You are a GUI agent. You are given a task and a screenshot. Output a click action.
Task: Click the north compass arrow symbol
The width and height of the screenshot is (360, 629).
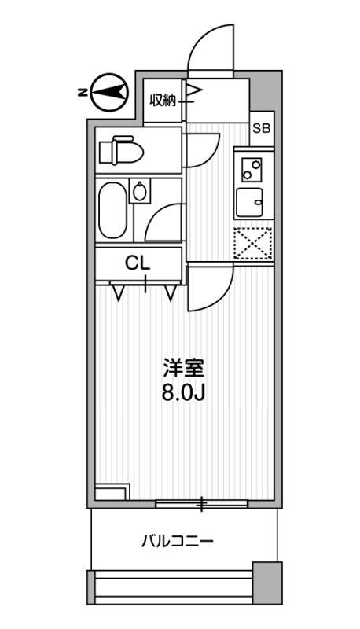[109, 94]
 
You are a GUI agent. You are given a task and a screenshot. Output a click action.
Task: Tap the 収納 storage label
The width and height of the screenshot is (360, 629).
[163, 100]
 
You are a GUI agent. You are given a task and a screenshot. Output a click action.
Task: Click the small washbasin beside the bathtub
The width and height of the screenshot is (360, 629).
[141, 191]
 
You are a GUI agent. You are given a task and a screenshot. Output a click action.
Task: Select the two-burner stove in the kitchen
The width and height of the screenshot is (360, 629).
[252, 167]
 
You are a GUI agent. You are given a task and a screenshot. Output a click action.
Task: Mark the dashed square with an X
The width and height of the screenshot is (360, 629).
[252, 243]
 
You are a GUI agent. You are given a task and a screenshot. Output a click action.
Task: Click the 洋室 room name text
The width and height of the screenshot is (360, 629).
[183, 367]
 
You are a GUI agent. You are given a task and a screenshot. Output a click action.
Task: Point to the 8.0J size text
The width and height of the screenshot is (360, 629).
[183, 392]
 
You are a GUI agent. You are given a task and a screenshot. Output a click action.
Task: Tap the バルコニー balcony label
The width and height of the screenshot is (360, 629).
[178, 541]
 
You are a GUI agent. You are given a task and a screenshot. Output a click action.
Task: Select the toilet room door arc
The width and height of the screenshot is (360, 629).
[203, 149]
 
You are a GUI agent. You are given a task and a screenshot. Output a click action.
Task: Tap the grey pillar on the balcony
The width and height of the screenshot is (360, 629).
[266, 583]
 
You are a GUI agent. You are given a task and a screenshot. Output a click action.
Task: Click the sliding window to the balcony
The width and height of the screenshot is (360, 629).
[203, 503]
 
